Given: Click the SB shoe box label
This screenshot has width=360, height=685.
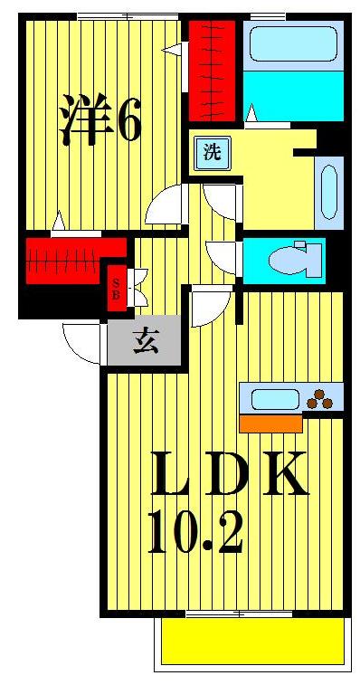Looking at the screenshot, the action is (x=116, y=288).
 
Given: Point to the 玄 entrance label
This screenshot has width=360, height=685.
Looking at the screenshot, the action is (x=145, y=341).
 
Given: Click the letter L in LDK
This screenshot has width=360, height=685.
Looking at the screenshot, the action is (x=172, y=474).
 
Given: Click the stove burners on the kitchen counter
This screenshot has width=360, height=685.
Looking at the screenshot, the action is (x=321, y=396).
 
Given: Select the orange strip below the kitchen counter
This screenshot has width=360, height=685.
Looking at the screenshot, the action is (x=270, y=423).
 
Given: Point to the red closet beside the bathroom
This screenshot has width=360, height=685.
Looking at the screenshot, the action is (x=213, y=70).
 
